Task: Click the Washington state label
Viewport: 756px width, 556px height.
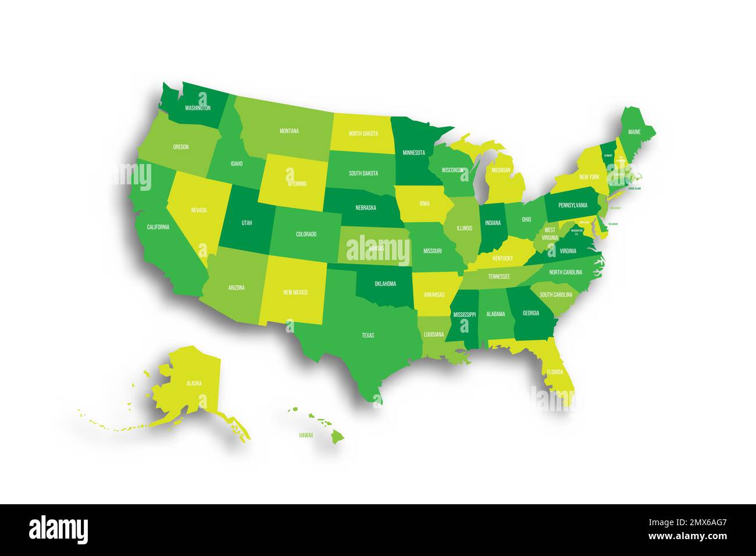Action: pos(198,108)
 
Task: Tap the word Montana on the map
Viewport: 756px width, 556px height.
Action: pos(289,131)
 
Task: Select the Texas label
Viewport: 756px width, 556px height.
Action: pos(368,336)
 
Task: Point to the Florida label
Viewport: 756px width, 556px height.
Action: pos(555,371)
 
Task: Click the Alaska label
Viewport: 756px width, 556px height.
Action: pos(194,383)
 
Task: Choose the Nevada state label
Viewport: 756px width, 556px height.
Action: pos(198,211)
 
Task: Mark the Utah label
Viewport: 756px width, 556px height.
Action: pos(247,223)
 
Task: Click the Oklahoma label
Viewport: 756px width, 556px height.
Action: pos(385,284)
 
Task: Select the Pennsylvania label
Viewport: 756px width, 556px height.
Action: pos(573,205)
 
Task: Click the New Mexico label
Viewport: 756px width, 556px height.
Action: pos(295,292)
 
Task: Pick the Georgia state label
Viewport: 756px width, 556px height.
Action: pos(530,313)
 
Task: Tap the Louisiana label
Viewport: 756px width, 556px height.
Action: pos(434,334)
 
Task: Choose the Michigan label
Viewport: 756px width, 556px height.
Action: pos(500,170)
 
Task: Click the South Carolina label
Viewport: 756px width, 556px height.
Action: pos(555,295)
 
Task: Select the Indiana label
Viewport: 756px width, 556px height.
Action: pos(493,223)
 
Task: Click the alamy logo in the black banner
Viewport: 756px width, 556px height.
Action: pos(59,530)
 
